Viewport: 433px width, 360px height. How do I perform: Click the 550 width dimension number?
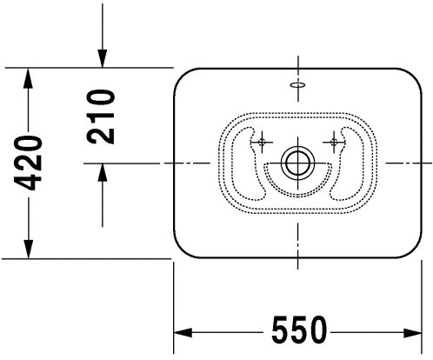pyautogui.click(x=299, y=330)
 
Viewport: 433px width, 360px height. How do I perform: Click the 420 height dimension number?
pyautogui.click(x=28, y=163)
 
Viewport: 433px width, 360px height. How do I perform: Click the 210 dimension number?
pyautogui.click(x=101, y=117)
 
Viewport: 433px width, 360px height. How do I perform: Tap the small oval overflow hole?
pyautogui.click(x=298, y=84)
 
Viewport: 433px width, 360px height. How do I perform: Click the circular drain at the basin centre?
pyautogui.click(x=298, y=163)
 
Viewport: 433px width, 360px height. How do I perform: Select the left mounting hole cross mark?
pyautogui.click(x=262, y=142)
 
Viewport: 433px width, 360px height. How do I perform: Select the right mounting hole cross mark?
pyautogui.click(x=334, y=142)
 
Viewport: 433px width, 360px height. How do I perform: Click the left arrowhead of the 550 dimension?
pyautogui.click(x=183, y=332)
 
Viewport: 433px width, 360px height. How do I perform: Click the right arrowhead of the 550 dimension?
pyautogui.click(x=413, y=332)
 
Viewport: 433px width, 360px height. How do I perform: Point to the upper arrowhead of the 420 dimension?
pyautogui.click(x=28, y=77)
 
